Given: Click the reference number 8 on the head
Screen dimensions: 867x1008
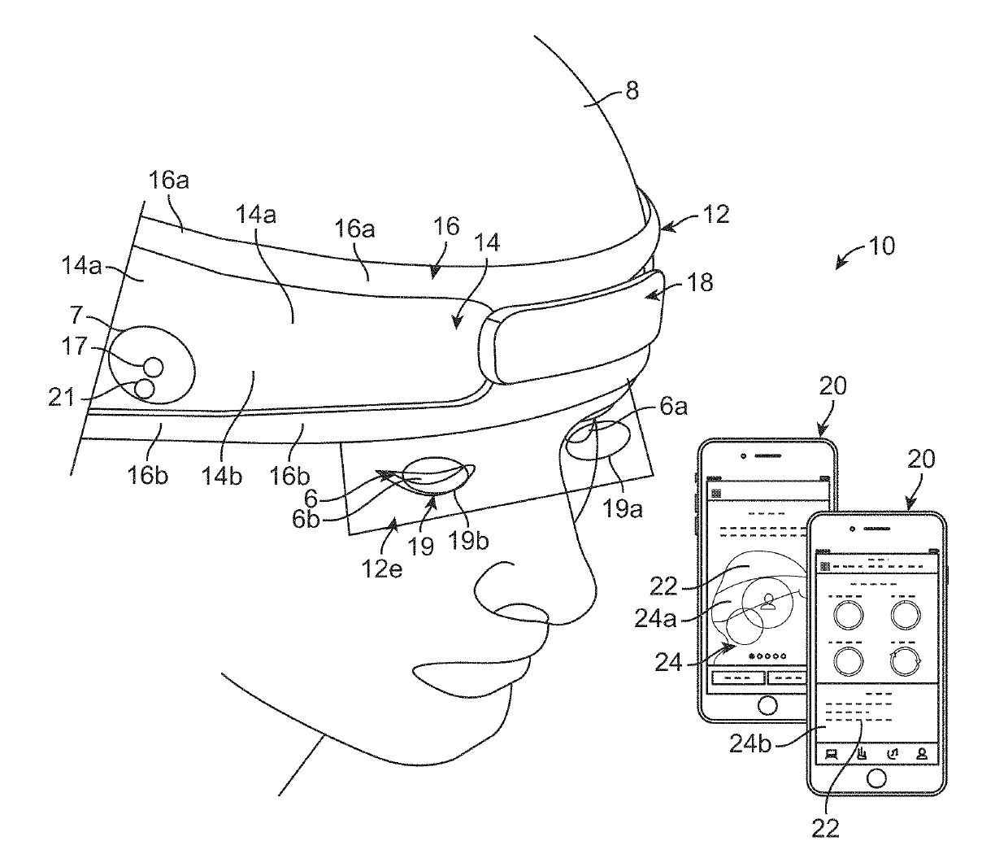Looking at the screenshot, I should coord(631,90).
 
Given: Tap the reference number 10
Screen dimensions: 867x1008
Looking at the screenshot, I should coord(881,245).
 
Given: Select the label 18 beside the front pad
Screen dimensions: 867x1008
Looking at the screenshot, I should coord(699,282).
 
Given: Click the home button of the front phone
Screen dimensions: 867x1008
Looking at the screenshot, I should coord(876,778).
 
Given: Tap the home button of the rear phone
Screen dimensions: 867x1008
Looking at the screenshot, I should coord(767,703).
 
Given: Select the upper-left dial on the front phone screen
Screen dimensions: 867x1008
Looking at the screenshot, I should coord(846,614).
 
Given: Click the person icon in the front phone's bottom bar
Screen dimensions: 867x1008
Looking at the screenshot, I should coord(923,753).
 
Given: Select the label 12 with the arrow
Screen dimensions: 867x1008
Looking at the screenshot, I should coord(716,214).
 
